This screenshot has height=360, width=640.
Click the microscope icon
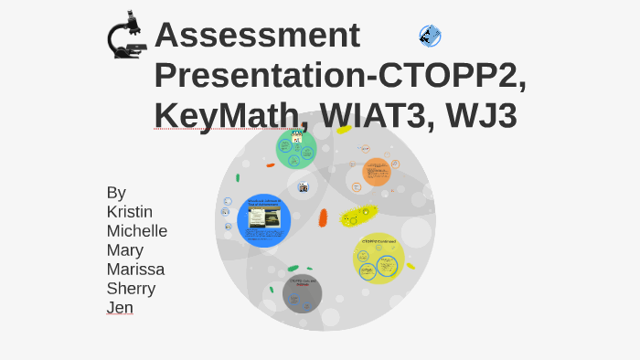point(127,36)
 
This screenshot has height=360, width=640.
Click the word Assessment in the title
point(257,35)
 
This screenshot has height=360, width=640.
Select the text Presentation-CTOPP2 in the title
point(339,75)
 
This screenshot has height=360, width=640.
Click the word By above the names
point(116,192)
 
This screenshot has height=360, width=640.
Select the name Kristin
point(130,211)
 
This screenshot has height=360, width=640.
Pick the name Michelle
point(137,230)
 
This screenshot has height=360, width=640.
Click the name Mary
point(125,249)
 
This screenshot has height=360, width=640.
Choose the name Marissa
point(135,269)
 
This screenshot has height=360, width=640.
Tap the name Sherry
point(131,288)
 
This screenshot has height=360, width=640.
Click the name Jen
point(120,308)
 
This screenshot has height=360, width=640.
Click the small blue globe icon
point(430,36)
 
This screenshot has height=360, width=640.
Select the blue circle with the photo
point(263,220)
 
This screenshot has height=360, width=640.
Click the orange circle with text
point(376,172)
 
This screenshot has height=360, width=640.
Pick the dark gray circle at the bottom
point(302,292)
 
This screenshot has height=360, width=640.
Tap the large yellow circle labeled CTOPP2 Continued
point(379,259)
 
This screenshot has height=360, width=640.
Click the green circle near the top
point(295,149)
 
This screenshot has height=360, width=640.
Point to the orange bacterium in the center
point(323,217)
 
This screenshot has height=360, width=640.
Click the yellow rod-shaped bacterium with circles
point(359,216)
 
